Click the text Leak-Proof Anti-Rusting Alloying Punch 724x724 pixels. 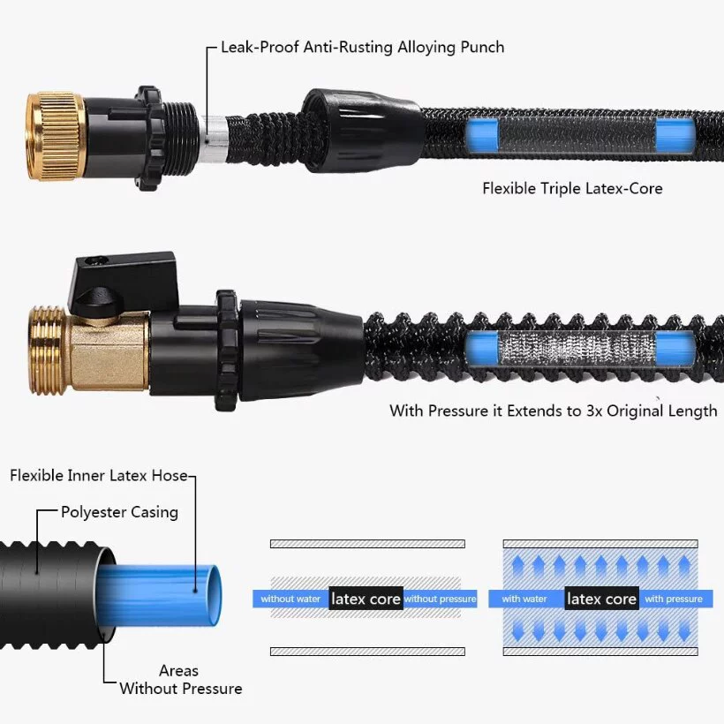(x=360, y=47)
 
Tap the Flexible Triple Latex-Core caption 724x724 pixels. (x=572, y=188)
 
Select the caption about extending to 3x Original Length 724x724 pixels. (x=554, y=411)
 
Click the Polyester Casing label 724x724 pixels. (x=119, y=512)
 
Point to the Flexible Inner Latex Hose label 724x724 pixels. (x=99, y=476)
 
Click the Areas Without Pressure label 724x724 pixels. (x=180, y=680)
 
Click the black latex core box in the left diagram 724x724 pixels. (x=366, y=599)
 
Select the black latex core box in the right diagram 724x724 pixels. (x=601, y=599)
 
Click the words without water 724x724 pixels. (x=290, y=599)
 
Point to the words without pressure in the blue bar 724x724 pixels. (x=440, y=599)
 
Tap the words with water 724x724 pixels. (x=524, y=599)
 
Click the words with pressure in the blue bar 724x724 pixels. (x=674, y=599)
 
